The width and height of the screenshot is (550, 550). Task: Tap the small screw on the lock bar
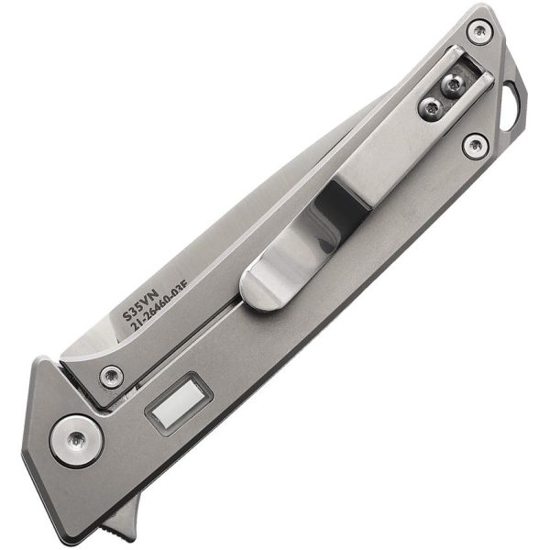point(112,374)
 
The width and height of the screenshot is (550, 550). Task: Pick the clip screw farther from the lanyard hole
point(429,108)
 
